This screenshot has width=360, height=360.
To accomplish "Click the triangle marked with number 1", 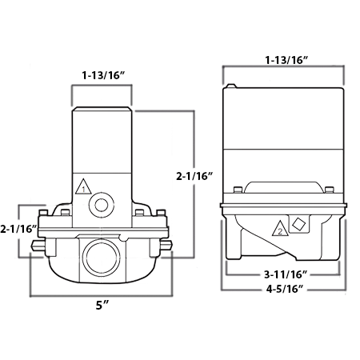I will click(81, 190).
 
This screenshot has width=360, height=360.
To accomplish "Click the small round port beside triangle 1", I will click(102, 204).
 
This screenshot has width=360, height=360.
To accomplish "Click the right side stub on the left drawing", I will click(166, 254).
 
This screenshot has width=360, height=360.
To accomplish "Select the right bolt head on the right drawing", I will click(329, 190).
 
